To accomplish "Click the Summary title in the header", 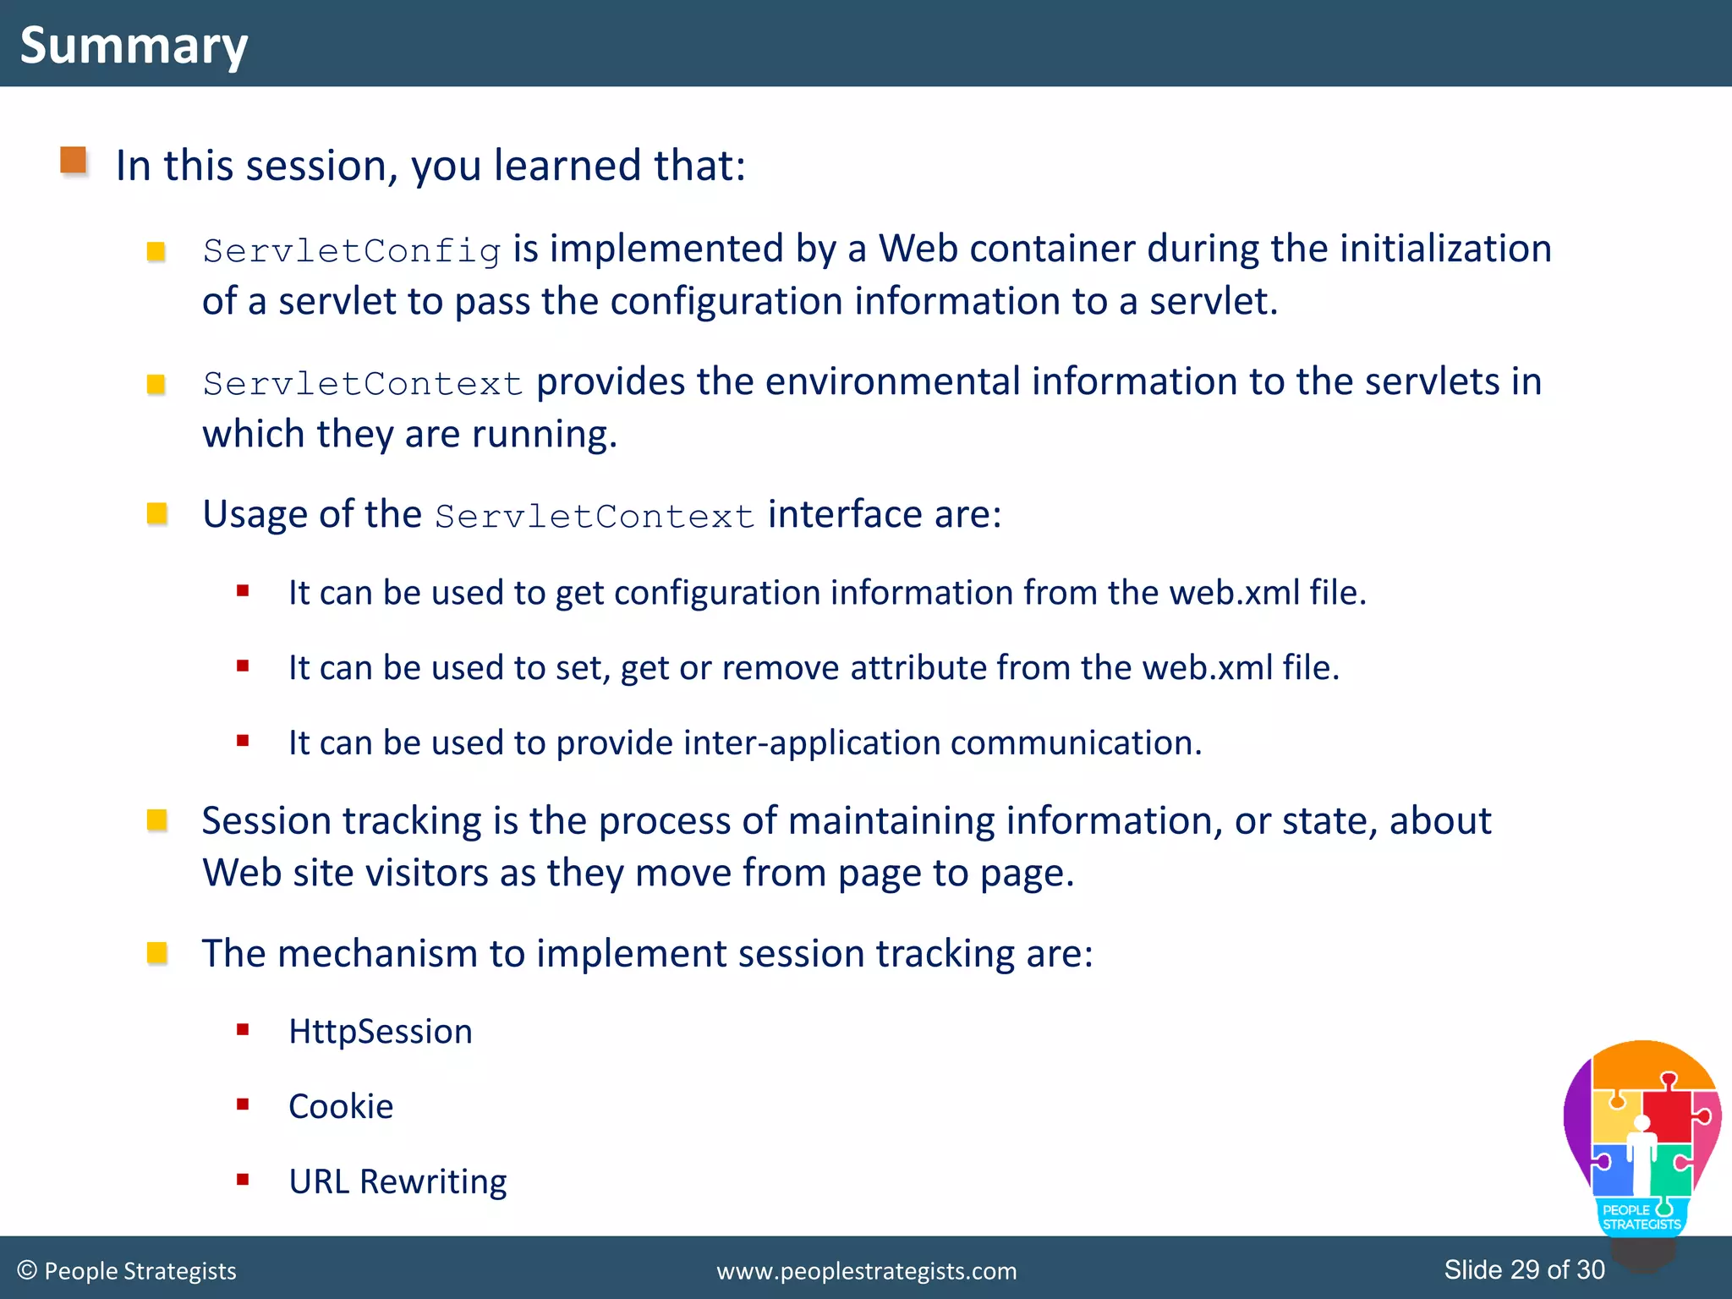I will (134, 45).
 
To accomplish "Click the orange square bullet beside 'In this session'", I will (74, 160).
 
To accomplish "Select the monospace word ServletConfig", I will (352, 251).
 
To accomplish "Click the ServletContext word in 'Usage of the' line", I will (595, 517).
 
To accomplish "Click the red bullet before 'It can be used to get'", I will (243, 591).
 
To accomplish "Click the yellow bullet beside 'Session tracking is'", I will (157, 820).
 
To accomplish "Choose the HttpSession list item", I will (380, 1032).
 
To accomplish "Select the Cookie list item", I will (341, 1107).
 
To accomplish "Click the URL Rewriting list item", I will (397, 1181).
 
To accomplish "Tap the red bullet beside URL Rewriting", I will (243, 1180).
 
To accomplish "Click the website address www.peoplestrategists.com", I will (866, 1271).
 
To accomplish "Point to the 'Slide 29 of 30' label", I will (1524, 1269).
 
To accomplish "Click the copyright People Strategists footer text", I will (127, 1271).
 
